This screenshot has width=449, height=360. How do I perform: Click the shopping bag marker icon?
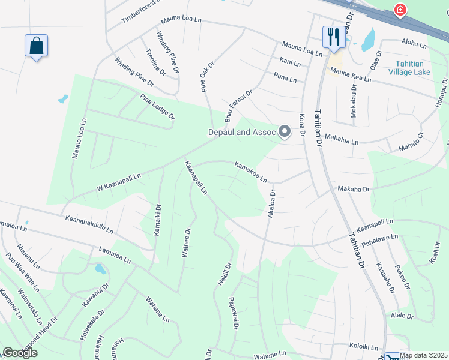pyautogui.click(x=36, y=46)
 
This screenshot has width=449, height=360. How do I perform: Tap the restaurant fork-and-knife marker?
pyautogui.click(x=332, y=37)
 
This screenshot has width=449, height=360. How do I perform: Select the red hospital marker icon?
pyautogui.click(x=399, y=10)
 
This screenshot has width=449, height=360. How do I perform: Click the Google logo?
pyautogui.click(x=20, y=353)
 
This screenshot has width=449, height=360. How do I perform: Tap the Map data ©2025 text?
pyautogui.click(x=424, y=355)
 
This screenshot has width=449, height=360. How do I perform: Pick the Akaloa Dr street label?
pyautogui.click(x=271, y=204)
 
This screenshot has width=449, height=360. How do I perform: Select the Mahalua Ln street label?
pyautogui.click(x=341, y=140)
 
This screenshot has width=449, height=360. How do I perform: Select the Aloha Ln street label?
pyautogui.click(x=414, y=45)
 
